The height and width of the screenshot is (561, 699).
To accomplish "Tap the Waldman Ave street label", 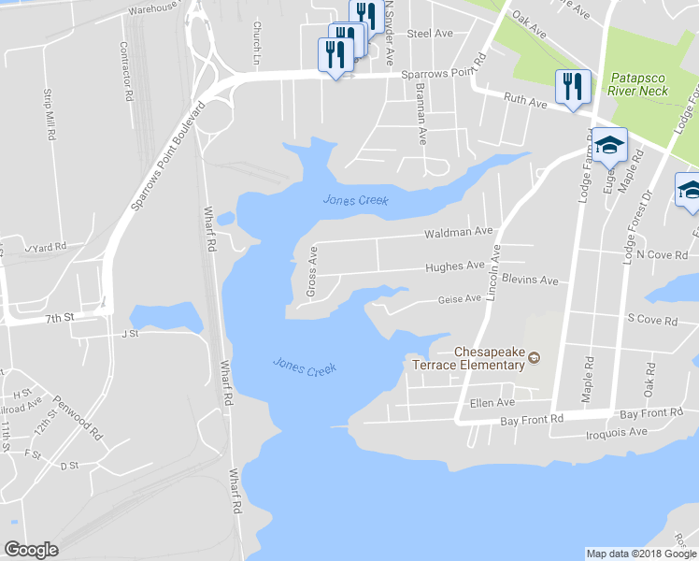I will coord(458,231).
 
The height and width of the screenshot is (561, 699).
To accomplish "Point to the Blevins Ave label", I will coord(529,280).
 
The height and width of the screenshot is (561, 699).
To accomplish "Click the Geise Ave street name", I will coord(459,299).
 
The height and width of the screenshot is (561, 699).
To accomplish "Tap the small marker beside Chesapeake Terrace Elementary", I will coord(535,356).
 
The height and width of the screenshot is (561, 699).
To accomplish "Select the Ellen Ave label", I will coord(492,403).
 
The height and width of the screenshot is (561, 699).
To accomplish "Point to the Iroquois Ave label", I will coord(616,433).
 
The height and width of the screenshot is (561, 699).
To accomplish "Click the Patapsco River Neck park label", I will coord(639,84).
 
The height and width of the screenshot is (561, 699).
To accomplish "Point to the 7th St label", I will coord(59,318).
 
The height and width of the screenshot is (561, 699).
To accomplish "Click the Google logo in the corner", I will coord(31,550).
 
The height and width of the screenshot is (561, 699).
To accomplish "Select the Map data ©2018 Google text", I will coord(640,554).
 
